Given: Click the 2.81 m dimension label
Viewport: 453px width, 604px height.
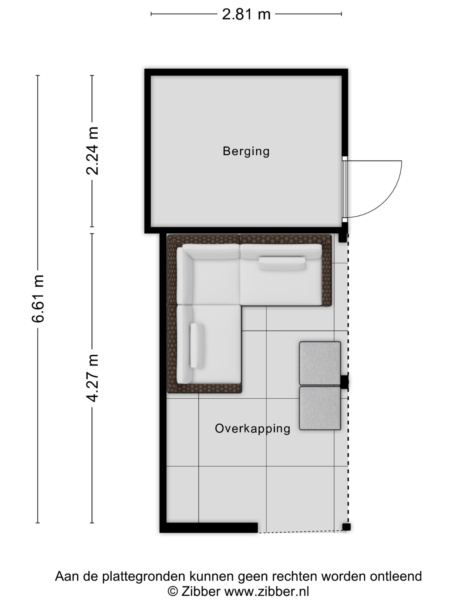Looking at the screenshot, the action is coord(246,14).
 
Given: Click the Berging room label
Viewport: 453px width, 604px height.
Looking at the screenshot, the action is coord(246,151).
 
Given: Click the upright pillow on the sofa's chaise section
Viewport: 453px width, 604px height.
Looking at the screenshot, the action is coord(197,345).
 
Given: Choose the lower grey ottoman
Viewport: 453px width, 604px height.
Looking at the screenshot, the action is coord(320,408).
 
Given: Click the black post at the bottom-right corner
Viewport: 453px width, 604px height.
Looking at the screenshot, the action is coord(346,527).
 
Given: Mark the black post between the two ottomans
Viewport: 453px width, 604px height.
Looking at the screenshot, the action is coord(344,381).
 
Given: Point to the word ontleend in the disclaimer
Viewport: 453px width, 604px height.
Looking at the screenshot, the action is coord(396,576).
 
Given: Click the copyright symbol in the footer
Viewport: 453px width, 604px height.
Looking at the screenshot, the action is coord(173,591).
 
